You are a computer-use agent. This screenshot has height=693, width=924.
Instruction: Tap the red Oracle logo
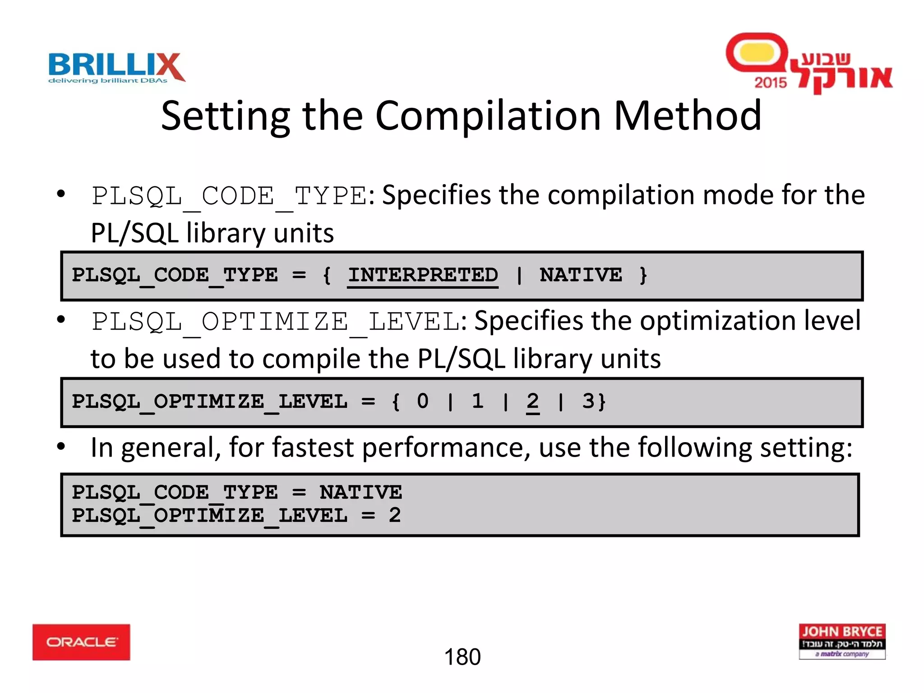[x=81, y=642]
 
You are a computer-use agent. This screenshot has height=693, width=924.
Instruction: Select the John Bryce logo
[x=842, y=641]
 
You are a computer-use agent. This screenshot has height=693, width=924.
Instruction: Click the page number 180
[x=462, y=657]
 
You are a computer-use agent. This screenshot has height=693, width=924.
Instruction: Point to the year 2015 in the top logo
[x=770, y=83]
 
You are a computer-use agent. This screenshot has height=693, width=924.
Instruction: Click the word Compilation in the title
[x=488, y=116]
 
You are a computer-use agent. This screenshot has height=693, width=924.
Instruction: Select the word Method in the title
[x=688, y=116]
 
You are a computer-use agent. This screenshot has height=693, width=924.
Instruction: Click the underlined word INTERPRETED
[x=423, y=275]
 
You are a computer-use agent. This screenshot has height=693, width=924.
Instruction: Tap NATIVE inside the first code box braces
[x=581, y=275]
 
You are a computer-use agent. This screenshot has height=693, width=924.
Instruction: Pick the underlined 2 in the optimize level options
[x=532, y=401]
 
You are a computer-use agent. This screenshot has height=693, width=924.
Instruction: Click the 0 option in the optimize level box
[x=422, y=401]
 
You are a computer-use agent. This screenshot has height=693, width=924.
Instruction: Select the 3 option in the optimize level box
[x=587, y=401]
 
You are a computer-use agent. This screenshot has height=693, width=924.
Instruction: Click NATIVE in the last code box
[x=360, y=492]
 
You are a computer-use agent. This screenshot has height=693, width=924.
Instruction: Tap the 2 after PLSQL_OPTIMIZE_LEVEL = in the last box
[x=395, y=515]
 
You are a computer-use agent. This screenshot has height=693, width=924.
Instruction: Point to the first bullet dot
[x=61, y=194]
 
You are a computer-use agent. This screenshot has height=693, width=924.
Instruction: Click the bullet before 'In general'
[x=61, y=447]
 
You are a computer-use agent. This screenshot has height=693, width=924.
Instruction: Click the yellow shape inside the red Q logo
[x=756, y=53]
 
